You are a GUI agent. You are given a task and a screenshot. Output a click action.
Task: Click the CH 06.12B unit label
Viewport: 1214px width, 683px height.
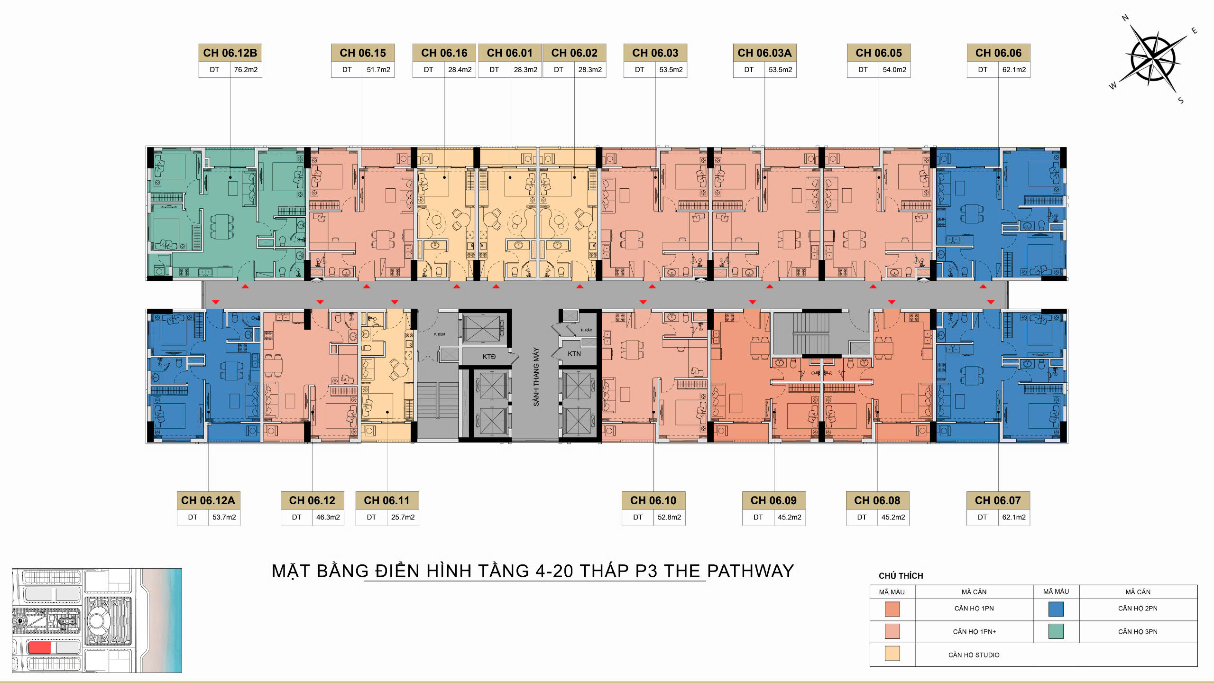[230, 53]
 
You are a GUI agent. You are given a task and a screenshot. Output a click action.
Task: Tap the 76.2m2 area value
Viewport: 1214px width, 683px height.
[246, 70]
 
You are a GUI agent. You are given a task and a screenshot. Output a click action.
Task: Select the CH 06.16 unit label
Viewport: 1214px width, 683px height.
[444, 53]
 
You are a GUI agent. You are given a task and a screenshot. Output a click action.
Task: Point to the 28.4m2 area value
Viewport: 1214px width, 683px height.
[460, 70]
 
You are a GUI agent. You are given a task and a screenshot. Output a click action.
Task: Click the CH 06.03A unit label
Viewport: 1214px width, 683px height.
[764, 53]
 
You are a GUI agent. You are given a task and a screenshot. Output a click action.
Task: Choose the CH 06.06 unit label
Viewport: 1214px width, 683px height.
[998, 53]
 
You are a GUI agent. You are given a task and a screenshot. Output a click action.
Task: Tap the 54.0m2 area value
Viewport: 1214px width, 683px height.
[894, 70]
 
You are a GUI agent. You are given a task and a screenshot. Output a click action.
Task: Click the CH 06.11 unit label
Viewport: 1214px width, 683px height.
[386, 500]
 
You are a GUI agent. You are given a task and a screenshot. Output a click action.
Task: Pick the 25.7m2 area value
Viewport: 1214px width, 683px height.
[403, 517]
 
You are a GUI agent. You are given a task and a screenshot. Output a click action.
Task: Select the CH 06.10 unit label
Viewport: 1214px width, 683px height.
[653, 500]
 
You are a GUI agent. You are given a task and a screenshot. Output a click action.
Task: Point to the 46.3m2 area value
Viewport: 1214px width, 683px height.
[328, 517]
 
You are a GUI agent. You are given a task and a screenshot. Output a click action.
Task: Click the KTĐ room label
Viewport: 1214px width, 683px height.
[489, 357]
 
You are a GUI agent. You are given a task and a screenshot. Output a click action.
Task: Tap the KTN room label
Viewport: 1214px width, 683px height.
[574, 354]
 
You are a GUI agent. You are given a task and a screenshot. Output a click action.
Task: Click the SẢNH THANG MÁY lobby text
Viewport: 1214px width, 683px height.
[536, 377]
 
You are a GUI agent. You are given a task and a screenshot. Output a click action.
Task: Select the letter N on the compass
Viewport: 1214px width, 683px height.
[1125, 18]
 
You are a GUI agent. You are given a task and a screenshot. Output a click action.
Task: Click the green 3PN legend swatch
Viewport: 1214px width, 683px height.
[1056, 631]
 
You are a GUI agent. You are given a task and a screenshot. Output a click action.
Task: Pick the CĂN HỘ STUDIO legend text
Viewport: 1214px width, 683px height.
[974, 655]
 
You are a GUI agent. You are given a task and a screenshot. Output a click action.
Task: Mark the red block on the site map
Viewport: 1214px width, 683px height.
[39, 647]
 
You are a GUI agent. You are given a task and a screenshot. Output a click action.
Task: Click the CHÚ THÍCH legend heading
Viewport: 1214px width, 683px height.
[901, 576]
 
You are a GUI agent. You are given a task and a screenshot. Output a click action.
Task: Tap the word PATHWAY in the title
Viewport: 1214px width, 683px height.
[750, 571]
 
